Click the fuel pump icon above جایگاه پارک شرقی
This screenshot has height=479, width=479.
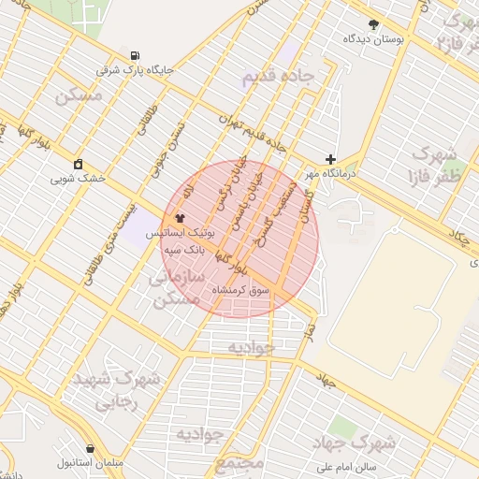tap(137, 55)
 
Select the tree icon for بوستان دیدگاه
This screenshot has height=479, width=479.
tap(374, 24)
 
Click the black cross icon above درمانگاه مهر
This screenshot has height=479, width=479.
tap(330, 159)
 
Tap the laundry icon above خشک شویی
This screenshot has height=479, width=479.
tap(79, 164)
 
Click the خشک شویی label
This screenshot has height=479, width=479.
tap(79, 178)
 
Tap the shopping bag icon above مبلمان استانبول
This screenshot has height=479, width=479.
tap(90, 449)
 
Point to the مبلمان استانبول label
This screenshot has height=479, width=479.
tap(87, 463)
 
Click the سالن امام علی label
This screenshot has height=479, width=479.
tap(346, 465)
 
